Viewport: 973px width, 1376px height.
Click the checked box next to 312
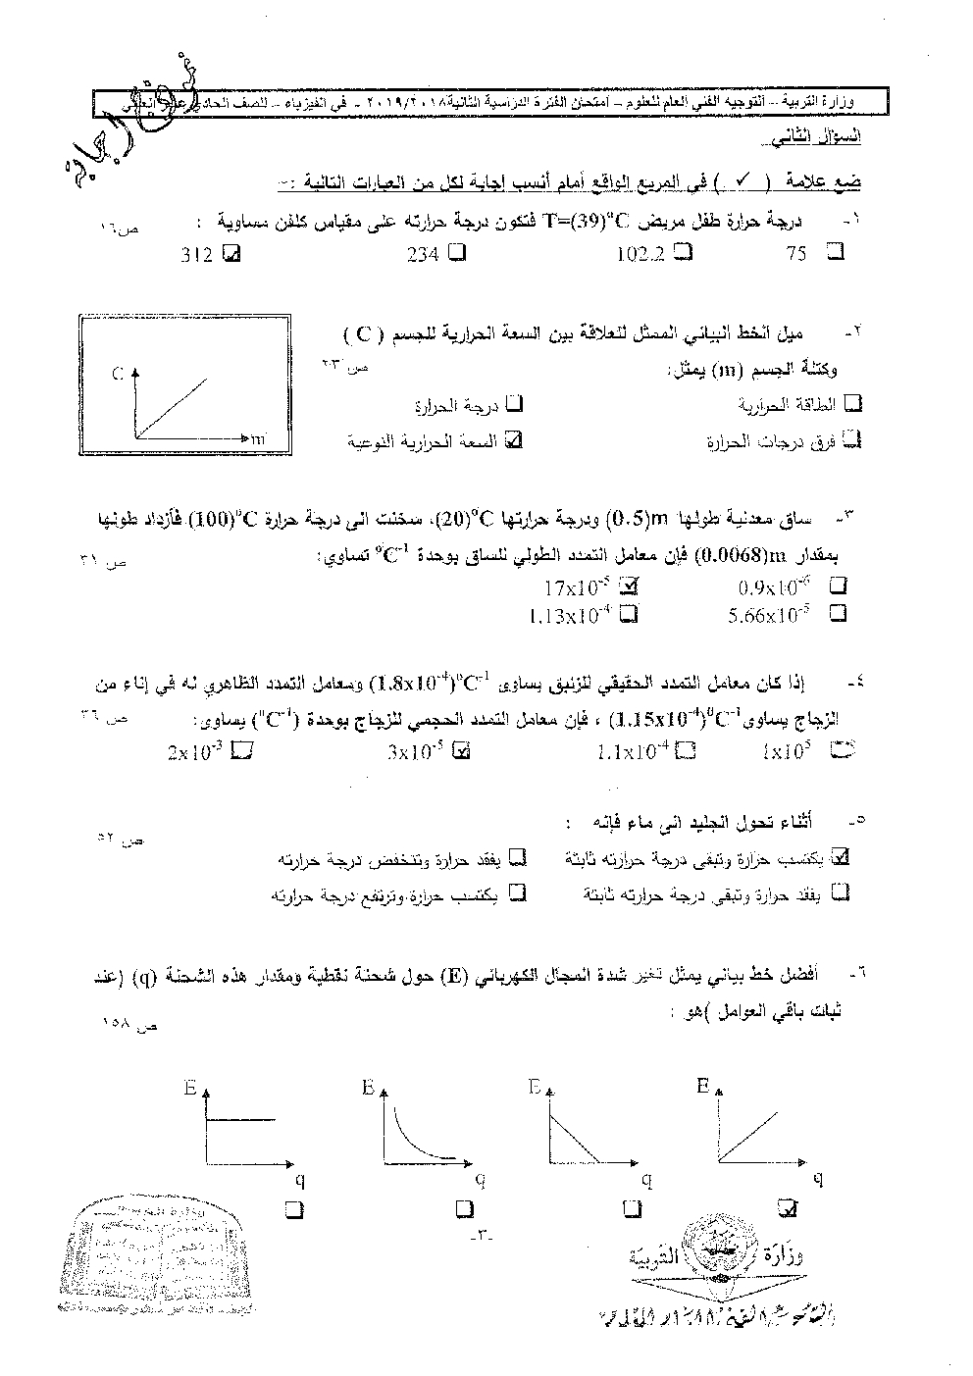(x=231, y=254)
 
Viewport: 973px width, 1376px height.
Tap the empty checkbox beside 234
(x=457, y=254)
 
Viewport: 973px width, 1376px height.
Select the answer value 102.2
(x=640, y=255)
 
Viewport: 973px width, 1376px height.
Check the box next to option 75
(x=836, y=253)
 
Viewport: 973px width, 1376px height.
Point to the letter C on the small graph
(x=117, y=372)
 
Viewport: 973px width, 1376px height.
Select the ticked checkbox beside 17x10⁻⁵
(x=630, y=588)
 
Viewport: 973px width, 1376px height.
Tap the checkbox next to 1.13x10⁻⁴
(x=630, y=615)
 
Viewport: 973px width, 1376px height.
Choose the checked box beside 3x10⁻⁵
(x=464, y=752)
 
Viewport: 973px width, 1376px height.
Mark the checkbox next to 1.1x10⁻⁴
(x=687, y=752)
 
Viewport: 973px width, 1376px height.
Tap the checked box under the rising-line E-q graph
(x=786, y=1206)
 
